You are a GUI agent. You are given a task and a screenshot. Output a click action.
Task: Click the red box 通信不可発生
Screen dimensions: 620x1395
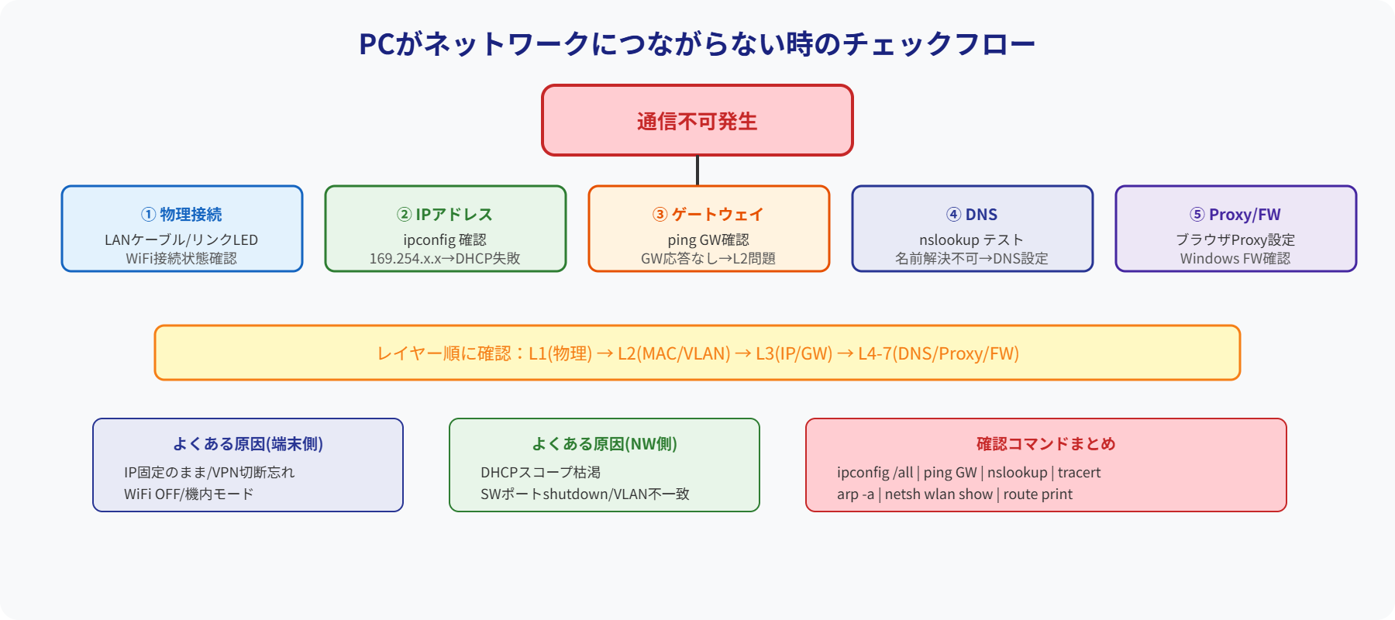tap(697, 120)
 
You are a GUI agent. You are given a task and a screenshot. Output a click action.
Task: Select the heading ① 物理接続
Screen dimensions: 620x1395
tap(181, 214)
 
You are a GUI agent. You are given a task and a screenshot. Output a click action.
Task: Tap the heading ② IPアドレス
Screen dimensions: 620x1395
tap(445, 214)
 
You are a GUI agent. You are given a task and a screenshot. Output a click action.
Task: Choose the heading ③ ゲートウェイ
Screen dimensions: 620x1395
tap(708, 214)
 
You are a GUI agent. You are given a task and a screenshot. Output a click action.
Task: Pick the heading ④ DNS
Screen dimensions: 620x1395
tap(972, 214)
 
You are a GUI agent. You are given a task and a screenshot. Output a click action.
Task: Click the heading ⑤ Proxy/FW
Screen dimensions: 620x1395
tap(1235, 214)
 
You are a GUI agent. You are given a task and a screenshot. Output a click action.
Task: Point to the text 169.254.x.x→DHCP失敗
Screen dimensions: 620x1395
tap(445, 258)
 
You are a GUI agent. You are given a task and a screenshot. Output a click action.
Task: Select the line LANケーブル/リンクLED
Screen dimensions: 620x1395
tap(181, 239)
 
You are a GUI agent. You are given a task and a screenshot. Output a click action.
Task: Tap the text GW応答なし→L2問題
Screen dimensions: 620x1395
tap(708, 258)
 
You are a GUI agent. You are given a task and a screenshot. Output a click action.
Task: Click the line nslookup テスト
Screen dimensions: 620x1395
tap(972, 239)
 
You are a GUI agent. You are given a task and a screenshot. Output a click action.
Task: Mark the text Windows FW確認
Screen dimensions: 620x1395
tap(1235, 258)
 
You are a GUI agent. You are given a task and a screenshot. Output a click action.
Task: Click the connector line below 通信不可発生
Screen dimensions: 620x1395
tap(697, 170)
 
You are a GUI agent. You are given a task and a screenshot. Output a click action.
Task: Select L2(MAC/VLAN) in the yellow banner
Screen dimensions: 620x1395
tap(673, 353)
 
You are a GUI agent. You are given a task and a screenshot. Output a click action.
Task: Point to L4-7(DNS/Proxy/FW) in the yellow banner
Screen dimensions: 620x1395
tap(938, 353)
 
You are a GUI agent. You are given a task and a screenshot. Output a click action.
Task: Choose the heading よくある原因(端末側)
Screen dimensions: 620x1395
tap(248, 443)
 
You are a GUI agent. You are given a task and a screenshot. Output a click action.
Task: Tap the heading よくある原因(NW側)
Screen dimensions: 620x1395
tap(604, 443)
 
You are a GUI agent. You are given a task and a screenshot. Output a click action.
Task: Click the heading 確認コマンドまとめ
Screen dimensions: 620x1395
tap(1046, 443)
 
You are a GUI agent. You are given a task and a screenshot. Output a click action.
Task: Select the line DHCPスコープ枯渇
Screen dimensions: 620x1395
tap(540, 472)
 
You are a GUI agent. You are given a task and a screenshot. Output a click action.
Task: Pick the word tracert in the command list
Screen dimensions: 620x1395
tap(1079, 472)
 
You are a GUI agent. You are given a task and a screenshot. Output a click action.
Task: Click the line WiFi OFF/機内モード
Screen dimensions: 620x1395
tap(189, 494)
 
